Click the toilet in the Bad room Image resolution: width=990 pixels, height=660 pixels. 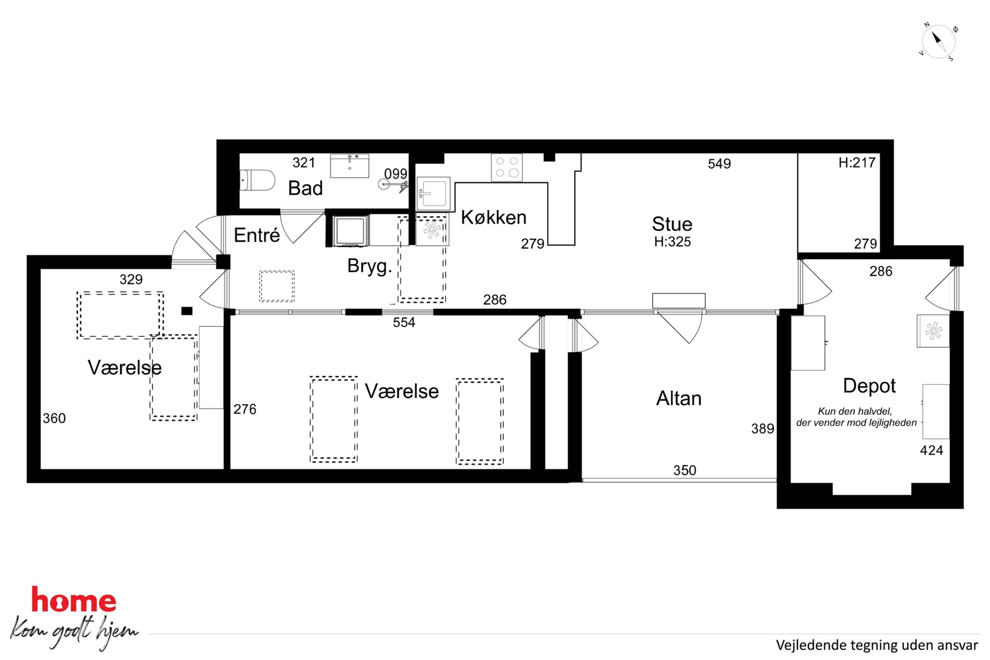click(257, 180)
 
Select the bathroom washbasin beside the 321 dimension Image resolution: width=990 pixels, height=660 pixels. click(349, 166)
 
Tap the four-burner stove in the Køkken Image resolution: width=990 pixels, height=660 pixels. click(507, 167)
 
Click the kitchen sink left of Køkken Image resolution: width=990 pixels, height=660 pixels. click(433, 193)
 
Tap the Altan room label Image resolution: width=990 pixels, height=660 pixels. click(679, 399)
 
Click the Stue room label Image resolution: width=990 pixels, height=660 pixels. click(672, 224)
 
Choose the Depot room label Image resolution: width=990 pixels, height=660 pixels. click(869, 386)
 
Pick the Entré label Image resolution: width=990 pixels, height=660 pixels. click(256, 235)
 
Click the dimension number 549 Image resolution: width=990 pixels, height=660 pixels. click(719, 164)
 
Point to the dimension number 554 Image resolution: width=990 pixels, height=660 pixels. click(404, 322)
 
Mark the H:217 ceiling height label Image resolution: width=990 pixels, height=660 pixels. click(857, 163)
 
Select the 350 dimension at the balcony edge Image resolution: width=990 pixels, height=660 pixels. click(685, 470)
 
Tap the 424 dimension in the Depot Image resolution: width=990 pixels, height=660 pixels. click(931, 450)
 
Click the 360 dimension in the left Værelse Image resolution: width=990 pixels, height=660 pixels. click(54, 418)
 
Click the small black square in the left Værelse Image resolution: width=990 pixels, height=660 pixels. click(187, 311)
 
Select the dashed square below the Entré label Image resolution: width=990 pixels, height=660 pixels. click(277, 286)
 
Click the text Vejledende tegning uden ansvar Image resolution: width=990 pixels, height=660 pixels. click(877, 646)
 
